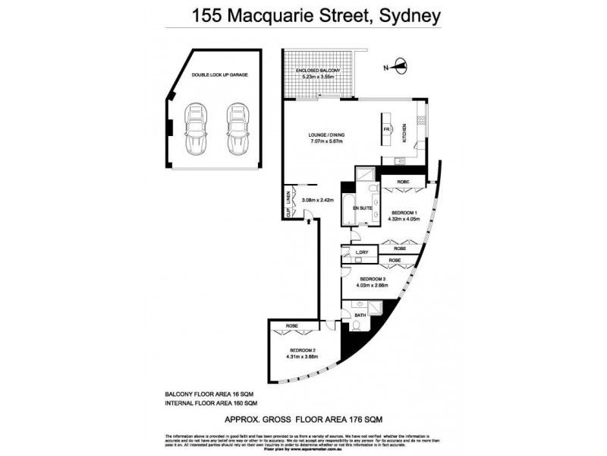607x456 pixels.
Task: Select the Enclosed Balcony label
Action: click(318, 71)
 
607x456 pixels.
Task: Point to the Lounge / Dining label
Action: click(328, 135)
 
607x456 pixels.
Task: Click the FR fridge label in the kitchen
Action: click(386, 131)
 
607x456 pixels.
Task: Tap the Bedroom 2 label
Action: click(301, 350)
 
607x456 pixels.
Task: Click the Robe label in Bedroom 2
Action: click(292, 326)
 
